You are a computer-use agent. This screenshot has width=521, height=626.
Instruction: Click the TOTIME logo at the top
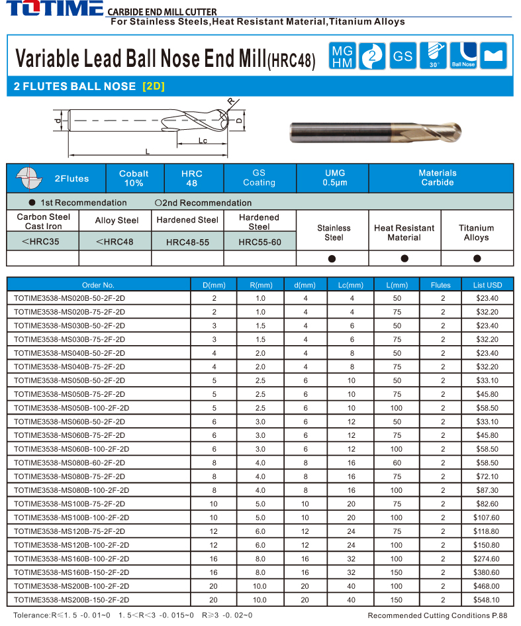(53, 9)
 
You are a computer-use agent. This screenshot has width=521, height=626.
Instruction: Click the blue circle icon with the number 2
(372, 56)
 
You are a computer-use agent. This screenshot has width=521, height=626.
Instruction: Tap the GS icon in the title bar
(403, 56)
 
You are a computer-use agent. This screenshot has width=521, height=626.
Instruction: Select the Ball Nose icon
(463, 56)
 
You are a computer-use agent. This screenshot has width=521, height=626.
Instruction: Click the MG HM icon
(342, 56)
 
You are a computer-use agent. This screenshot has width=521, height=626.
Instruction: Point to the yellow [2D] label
(153, 86)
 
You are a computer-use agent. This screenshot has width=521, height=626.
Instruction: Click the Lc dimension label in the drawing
(203, 140)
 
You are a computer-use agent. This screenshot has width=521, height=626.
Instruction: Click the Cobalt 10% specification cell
(134, 178)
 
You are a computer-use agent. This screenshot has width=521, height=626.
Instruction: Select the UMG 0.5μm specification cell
(335, 178)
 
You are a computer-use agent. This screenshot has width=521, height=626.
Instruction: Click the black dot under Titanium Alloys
(477, 258)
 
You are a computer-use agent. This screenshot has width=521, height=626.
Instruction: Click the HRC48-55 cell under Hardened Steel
(187, 242)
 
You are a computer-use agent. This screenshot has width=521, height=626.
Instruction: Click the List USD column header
(487, 285)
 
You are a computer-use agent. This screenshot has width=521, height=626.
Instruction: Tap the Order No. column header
(98, 285)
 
